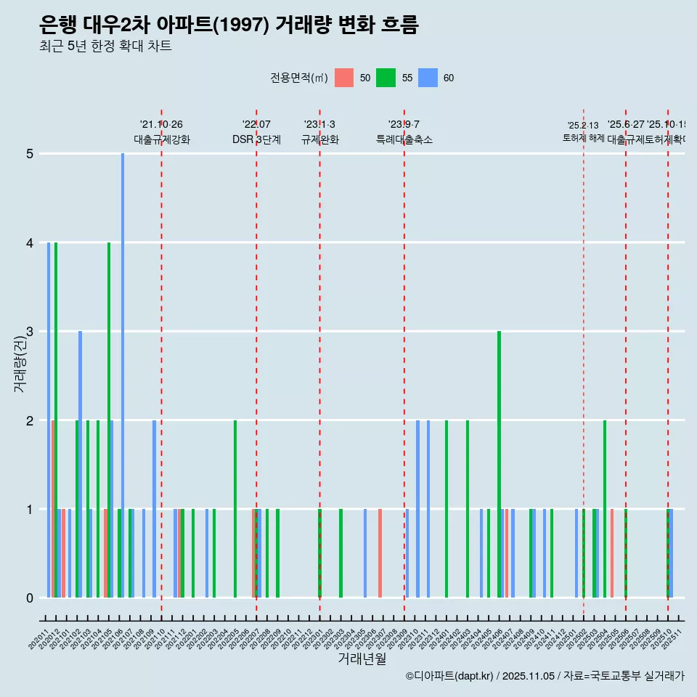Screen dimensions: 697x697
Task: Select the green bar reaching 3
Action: point(500,465)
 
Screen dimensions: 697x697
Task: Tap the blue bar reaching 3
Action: point(81,465)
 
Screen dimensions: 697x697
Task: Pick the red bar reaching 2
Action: point(53,508)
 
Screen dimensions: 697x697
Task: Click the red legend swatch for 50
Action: point(344,78)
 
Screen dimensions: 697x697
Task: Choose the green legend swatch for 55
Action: point(386,78)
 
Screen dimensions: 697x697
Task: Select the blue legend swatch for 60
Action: point(428,78)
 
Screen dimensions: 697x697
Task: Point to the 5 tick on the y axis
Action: point(30,154)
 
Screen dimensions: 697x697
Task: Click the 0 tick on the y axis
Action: point(30,598)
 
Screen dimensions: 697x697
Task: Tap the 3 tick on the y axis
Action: point(30,332)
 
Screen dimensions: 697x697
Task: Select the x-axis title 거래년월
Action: point(362,659)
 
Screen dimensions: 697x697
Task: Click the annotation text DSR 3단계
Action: point(256,139)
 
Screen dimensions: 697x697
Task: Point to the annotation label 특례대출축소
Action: point(404,139)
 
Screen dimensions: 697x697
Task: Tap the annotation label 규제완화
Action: point(319,139)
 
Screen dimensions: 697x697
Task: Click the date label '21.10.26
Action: point(161,124)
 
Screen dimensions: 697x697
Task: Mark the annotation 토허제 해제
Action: point(583,138)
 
